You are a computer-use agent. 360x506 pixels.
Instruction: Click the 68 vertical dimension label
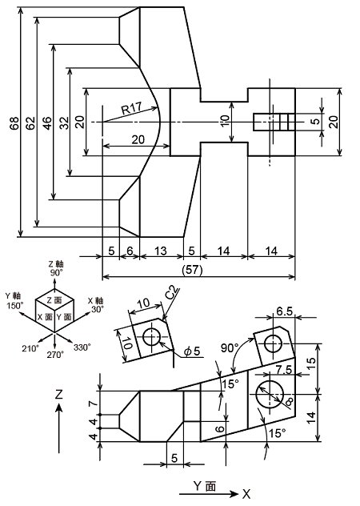14,123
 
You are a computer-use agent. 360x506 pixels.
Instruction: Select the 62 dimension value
30,123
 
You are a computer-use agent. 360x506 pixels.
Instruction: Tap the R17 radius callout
131,108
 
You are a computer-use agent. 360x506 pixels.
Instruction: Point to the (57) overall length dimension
192,270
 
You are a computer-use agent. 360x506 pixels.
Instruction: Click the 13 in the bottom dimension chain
161,251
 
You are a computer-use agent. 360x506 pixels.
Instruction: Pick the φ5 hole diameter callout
192,351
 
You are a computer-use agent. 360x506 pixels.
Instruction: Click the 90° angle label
230,347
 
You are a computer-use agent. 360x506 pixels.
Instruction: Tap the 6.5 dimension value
285,311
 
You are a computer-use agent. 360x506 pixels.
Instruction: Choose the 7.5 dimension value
284,370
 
